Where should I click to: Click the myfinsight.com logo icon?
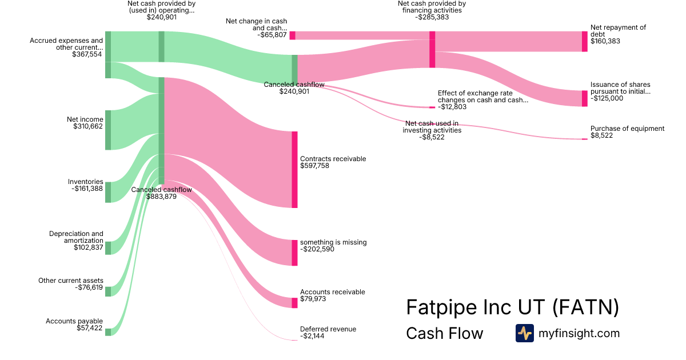point(524,333)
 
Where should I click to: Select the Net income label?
point(85,119)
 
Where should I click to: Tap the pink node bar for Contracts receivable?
point(294,170)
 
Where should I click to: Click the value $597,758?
point(314,166)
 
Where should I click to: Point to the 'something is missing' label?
point(333,242)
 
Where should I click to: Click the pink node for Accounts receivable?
point(294,303)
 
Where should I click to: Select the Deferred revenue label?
point(328,329)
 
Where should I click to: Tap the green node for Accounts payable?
point(108,332)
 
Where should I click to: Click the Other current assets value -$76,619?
point(89,287)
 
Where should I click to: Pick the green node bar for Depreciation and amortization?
point(108,248)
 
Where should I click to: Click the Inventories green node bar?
point(108,192)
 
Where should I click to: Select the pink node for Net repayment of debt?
point(585,41)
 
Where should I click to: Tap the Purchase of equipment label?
point(627,129)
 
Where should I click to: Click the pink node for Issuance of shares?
point(585,98)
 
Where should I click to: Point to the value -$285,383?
point(432,17)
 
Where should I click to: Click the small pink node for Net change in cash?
point(293,35)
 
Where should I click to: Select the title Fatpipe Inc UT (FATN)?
point(512,307)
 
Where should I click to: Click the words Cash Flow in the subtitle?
point(444,333)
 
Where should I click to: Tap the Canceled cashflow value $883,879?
point(161,197)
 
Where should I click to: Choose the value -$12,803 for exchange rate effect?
point(452,107)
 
